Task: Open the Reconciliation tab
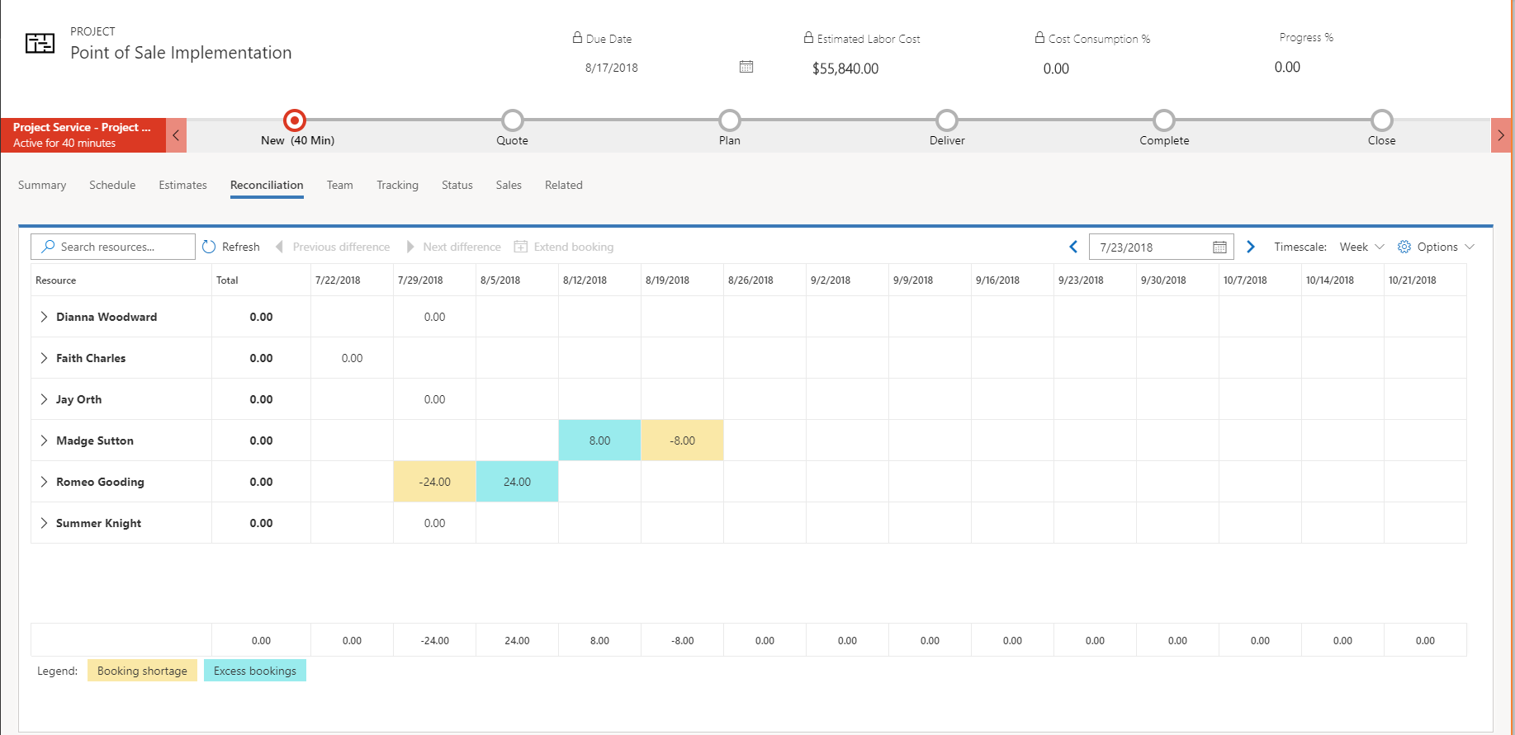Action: [x=267, y=186]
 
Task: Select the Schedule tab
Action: [x=112, y=186]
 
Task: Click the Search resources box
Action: [x=113, y=247]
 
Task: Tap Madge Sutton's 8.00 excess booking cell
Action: [x=599, y=441]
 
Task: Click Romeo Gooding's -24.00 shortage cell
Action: [x=434, y=482]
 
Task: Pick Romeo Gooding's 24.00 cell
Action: [x=517, y=482]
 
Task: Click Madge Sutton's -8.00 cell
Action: [x=682, y=441]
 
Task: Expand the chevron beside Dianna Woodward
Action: [x=44, y=317]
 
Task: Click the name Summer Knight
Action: [x=98, y=523]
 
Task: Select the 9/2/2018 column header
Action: [x=831, y=280]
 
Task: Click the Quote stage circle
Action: [x=513, y=120]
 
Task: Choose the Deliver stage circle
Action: [x=947, y=120]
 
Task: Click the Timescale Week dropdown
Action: [x=1361, y=247]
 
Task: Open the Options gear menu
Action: [x=1435, y=247]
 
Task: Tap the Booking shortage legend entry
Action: [x=142, y=671]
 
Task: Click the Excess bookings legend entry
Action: [x=254, y=671]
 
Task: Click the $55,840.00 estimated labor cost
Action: [x=845, y=68]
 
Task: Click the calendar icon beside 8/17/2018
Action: [x=746, y=67]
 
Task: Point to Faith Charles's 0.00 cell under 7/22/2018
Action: [x=352, y=358]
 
